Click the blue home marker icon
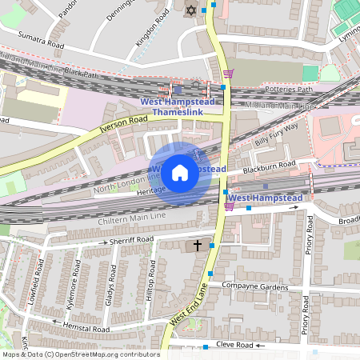pyautogui.click(x=180, y=172)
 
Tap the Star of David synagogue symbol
pyautogui.click(x=190, y=10)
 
